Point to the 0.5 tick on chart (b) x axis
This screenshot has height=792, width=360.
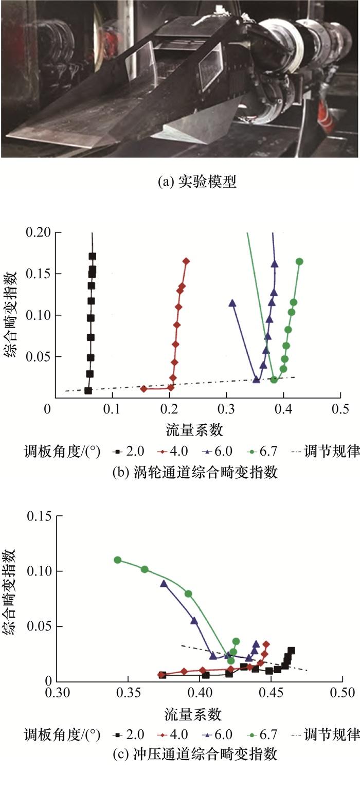pos(340,409)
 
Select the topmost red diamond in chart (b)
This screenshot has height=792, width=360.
pos(186,261)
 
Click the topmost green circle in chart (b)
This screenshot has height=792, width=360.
pos(299,261)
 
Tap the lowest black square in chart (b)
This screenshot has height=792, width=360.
pos(88,390)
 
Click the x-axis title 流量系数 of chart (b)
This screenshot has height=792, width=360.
pos(193,428)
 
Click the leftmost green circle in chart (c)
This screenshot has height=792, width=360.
pos(118,560)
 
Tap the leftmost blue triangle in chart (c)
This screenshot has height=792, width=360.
pos(164,583)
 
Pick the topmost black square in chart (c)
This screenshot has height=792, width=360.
pos(291,650)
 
